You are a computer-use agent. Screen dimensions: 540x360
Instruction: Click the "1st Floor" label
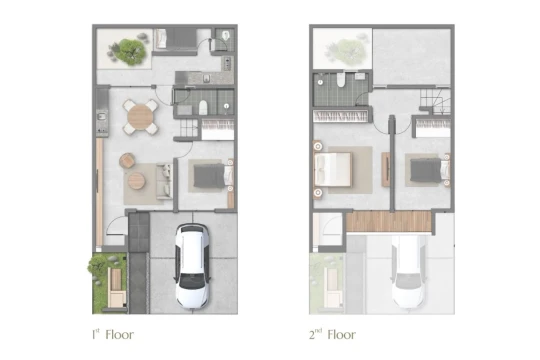pos(113,334)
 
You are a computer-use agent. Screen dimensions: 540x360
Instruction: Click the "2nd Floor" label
pos(332,334)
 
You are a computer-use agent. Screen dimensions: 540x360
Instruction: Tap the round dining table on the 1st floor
pos(140,116)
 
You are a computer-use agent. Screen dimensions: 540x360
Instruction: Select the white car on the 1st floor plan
pos(192,266)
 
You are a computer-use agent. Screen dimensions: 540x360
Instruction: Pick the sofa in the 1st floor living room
pos(164,181)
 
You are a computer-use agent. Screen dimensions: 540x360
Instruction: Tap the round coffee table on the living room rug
pos(136,181)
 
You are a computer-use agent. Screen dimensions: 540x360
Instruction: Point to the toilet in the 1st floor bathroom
pos(203,107)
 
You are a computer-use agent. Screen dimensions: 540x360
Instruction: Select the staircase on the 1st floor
pos(188,128)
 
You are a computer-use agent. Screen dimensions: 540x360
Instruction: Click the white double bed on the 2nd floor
pos(333,169)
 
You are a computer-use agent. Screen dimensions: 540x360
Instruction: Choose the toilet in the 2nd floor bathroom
pos(341,80)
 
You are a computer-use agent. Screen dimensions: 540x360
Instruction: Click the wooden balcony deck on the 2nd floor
pos(389,221)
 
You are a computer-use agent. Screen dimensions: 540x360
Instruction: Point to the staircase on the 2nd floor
pos(435,102)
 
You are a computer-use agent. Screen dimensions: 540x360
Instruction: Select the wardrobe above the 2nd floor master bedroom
pos(341,116)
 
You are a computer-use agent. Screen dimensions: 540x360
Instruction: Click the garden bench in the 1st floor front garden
pos(116,288)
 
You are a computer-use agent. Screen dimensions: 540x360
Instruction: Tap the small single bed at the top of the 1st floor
pos(175,39)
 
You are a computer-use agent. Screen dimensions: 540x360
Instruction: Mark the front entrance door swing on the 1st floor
pos(116,226)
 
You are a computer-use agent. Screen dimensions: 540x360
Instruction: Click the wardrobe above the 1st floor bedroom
pos(218,130)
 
